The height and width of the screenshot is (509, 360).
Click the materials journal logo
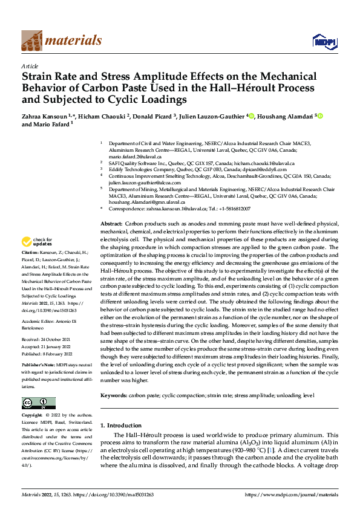click(61, 41)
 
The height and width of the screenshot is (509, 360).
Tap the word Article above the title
click(30, 66)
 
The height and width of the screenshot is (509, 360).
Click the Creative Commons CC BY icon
click(38, 403)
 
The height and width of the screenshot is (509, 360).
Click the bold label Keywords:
click(113, 394)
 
